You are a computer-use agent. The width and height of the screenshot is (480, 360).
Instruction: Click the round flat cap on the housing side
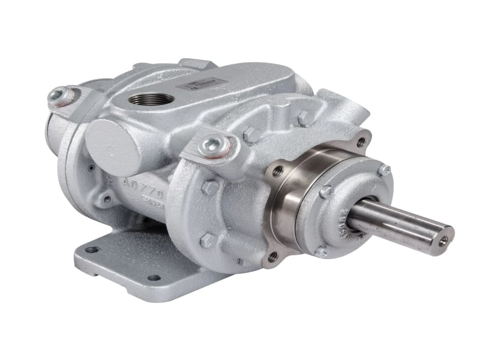point(113,140)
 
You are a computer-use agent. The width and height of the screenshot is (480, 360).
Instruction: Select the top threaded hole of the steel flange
point(360,142)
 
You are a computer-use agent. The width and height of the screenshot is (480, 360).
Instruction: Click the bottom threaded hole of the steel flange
point(273,256)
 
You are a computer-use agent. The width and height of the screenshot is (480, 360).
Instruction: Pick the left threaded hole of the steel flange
point(278,172)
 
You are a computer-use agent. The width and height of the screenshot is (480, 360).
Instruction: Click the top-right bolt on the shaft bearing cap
point(383,170)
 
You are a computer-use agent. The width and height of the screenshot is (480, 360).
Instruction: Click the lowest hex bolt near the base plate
point(207,240)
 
